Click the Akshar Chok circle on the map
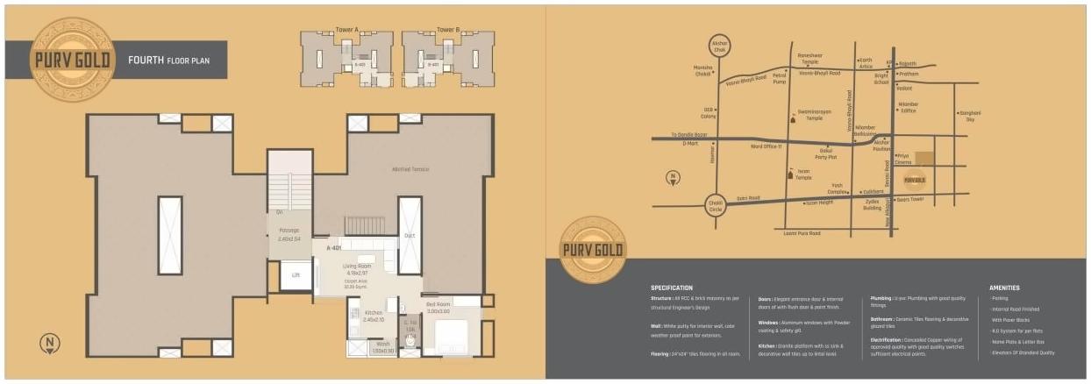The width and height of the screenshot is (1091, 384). click(x=720, y=47)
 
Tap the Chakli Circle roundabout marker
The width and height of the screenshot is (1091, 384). click(x=716, y=204)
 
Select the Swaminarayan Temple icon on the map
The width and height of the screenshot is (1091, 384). click(x=792, y=117)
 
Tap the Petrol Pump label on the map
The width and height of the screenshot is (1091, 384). click(x=780, y=79)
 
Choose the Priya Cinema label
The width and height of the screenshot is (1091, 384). click(x=903, y=159)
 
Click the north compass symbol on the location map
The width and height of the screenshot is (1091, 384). click(x=672, y=178)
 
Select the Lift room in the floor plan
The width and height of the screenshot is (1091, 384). click(x=296, y=276)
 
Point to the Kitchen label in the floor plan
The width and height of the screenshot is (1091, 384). click(x=374, y=313)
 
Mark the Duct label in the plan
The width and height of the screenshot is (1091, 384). click(x=410, y=235)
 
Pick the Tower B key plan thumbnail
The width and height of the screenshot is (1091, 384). click(x=448, y=60)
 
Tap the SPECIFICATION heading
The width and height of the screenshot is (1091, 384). click(x=671, y=288)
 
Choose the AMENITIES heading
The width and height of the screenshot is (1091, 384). click(x=1004, y=288)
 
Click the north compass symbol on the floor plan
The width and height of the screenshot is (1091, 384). click(x=48, y=342)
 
